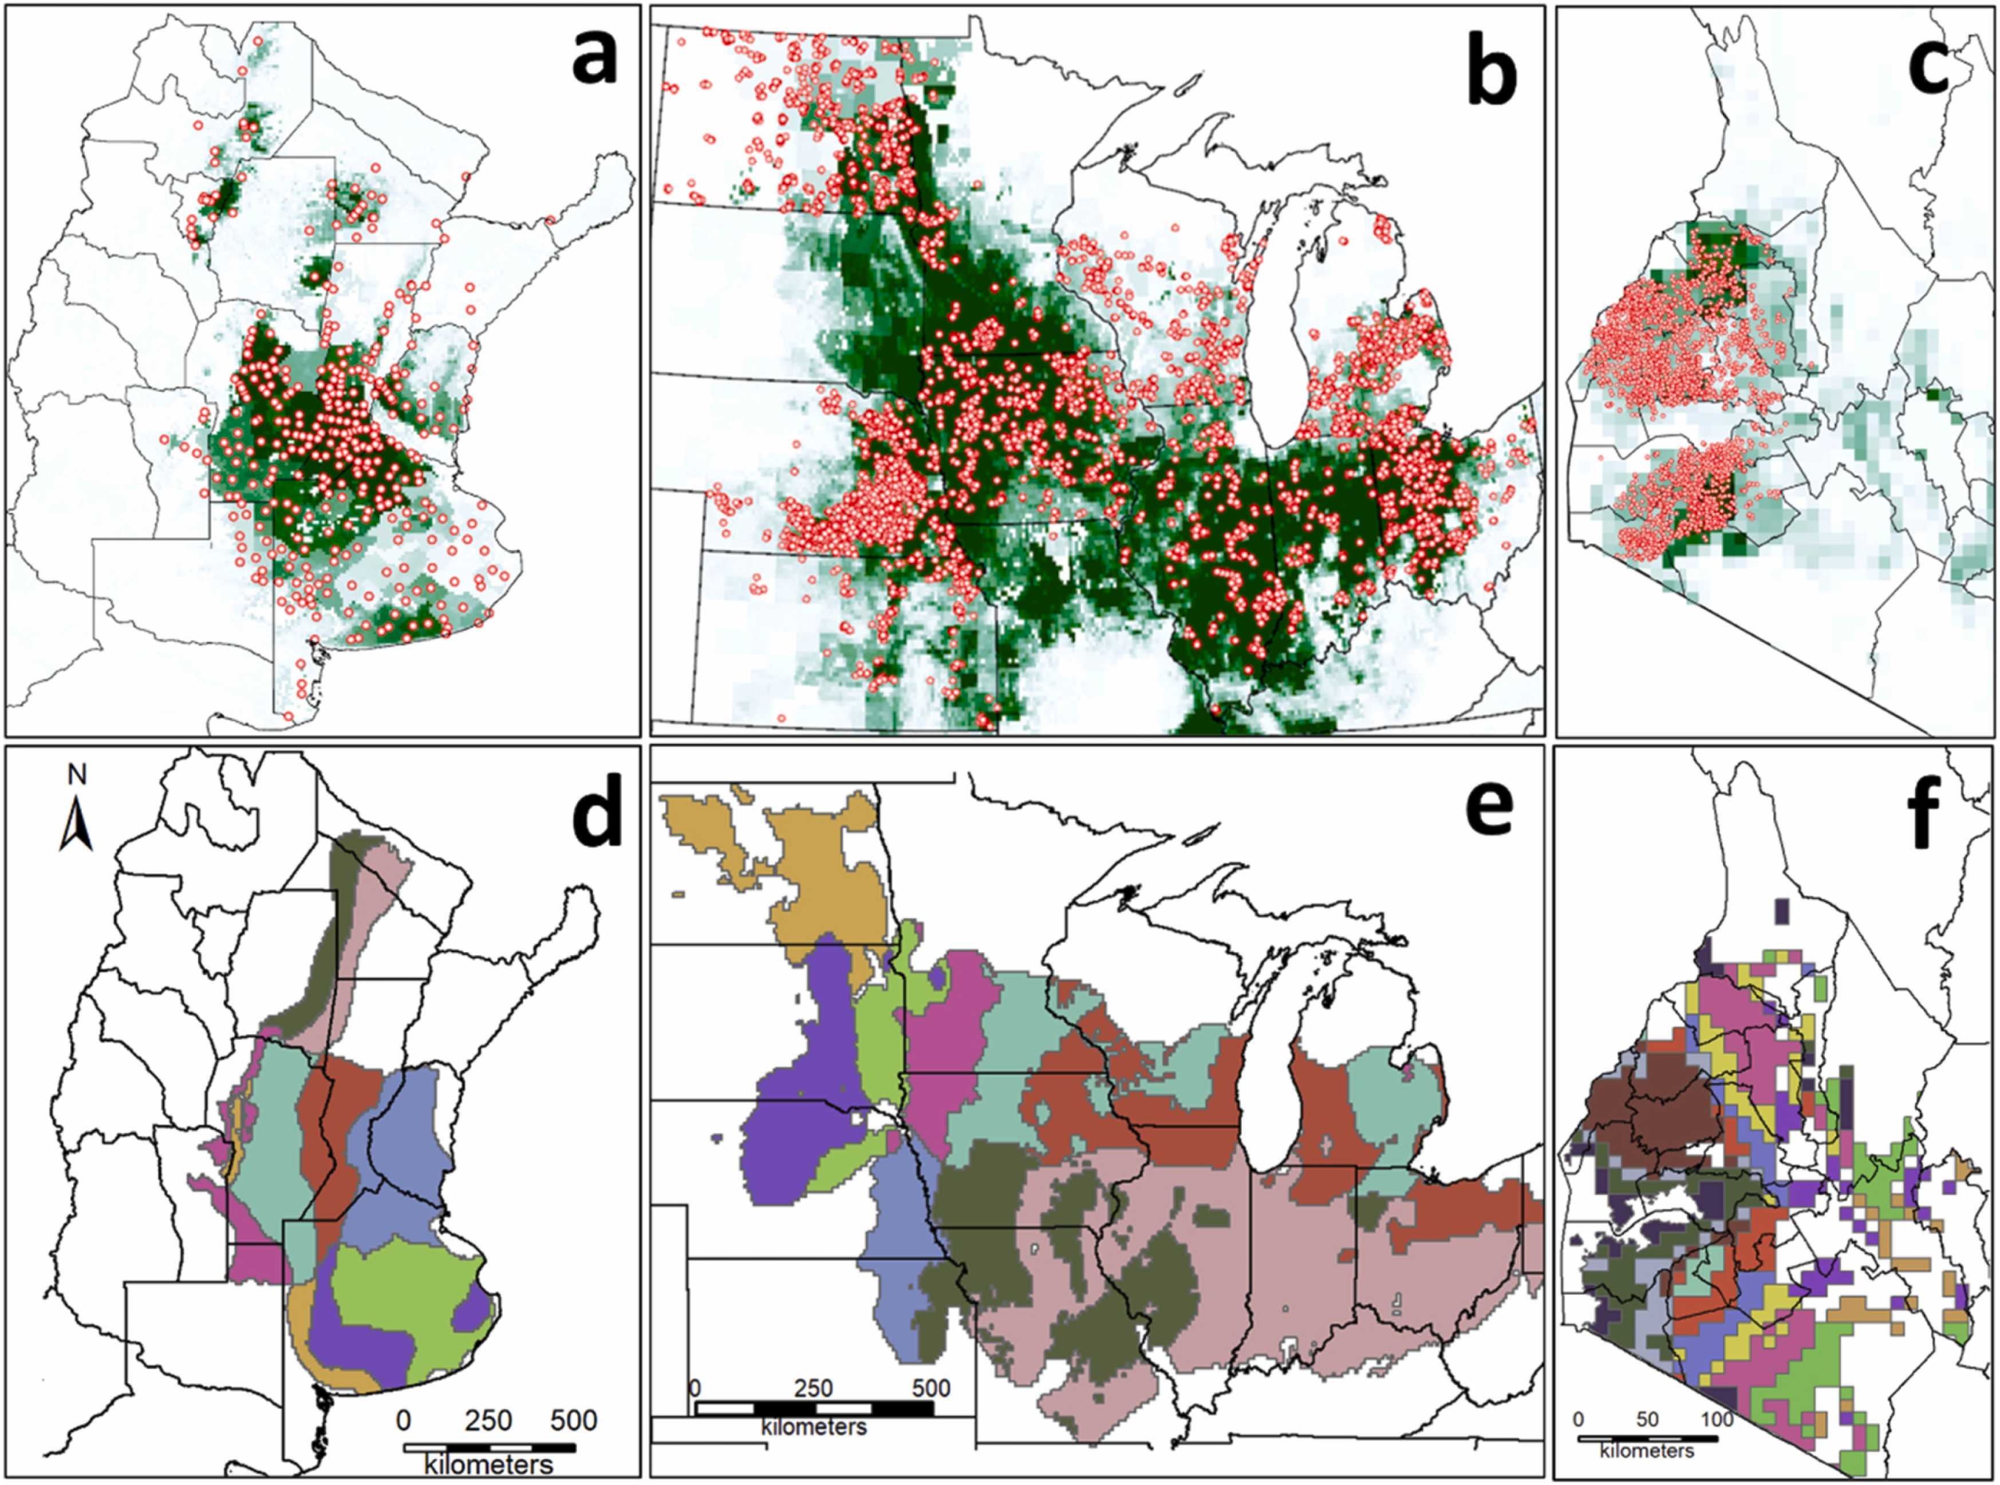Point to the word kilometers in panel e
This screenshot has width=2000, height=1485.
(x=814, y=1425)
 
